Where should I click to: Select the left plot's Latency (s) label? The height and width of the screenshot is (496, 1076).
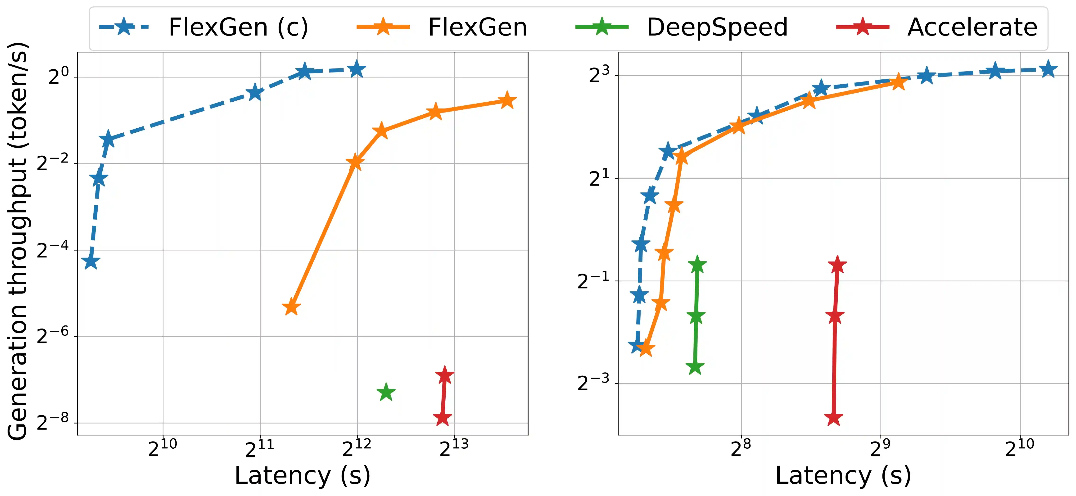303,476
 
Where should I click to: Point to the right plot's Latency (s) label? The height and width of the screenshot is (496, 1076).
843,476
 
